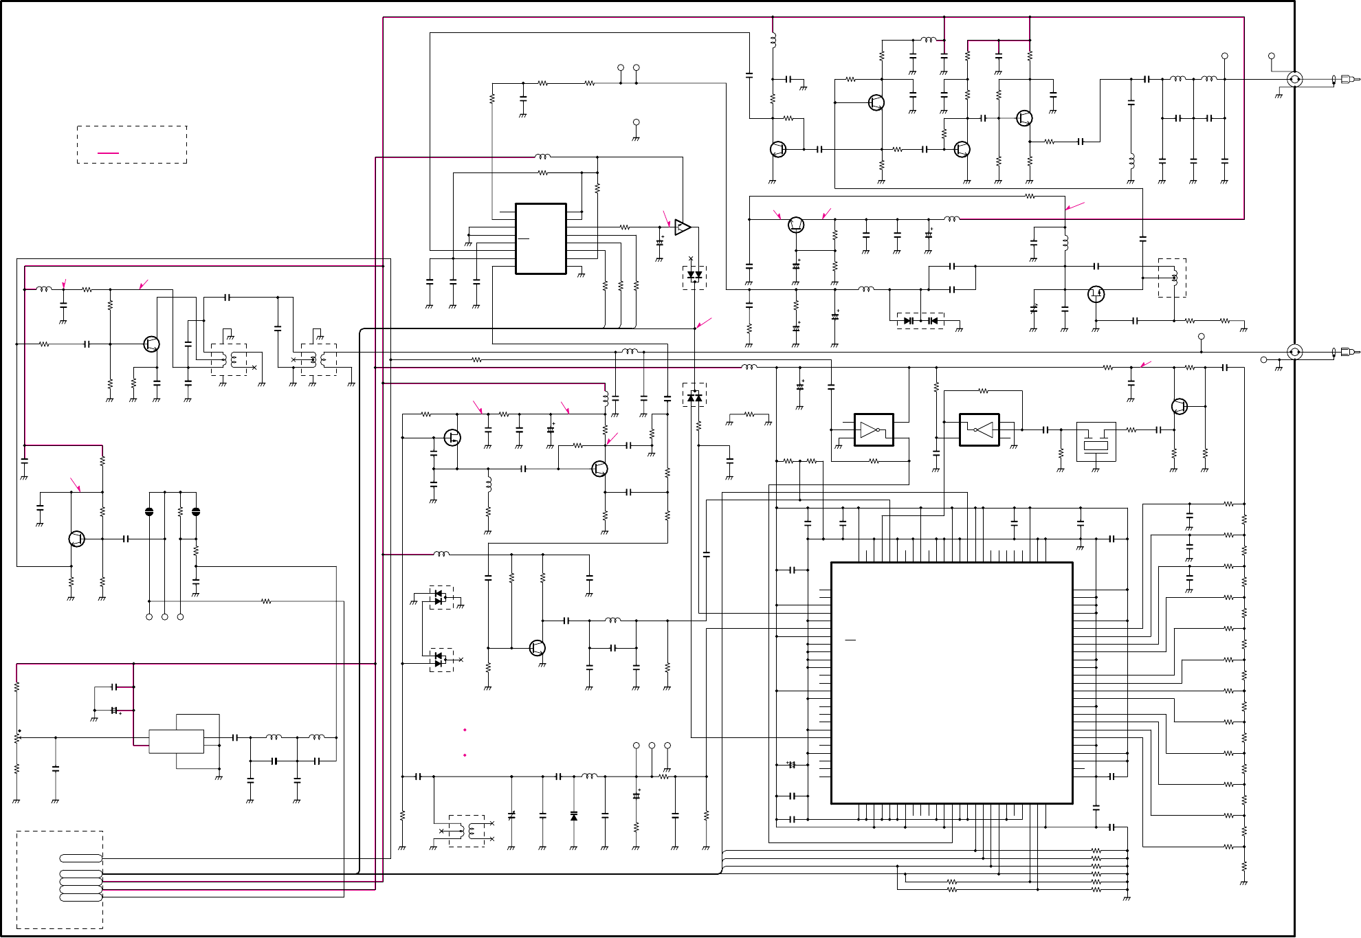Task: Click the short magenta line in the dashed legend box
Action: [x=108, y=153]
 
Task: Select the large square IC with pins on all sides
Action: [x=951, y=683]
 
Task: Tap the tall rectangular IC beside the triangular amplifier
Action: [x=541, y=238]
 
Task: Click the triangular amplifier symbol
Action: [x=682, y=227]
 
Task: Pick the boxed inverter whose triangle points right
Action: [x=873, y=430]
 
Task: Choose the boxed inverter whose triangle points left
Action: [x=980, y=430]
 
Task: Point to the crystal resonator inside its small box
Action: [x=1096, y=442]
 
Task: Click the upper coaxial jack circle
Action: [x=1294, y=79]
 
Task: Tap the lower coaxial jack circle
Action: [x=1294, y=353]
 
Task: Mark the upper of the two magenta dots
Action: [x=465, y=730]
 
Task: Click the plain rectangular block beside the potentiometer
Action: [x=176, y=741]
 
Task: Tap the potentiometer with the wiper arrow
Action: [x=16, y=737]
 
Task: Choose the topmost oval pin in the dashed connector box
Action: [x=81, y=858]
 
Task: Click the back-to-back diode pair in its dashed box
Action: [x=920, y=321]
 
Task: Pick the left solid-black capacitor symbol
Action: [x=149, y=512]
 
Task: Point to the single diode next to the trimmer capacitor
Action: [x=574, y=816]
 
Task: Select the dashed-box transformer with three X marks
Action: [x=467, y=831]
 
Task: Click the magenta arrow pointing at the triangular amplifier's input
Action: [x=666, y=218]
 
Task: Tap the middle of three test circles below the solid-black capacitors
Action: [x=165, y=617]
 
